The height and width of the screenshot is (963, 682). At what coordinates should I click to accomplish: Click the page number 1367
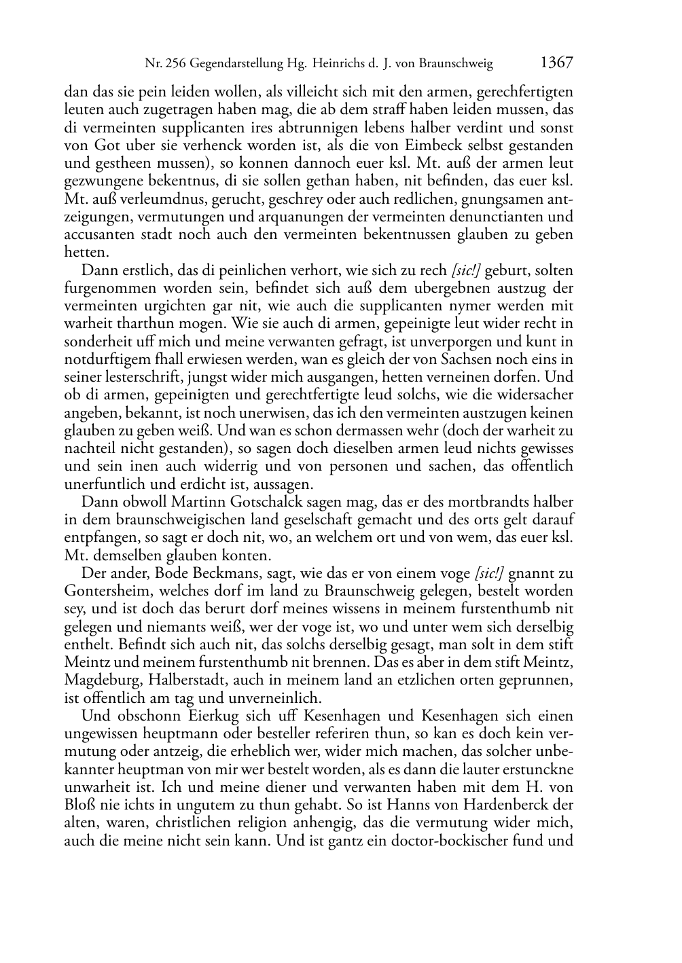(x=557, y=63)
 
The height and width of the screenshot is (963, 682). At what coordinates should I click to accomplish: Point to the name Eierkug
(x=208, y=716)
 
